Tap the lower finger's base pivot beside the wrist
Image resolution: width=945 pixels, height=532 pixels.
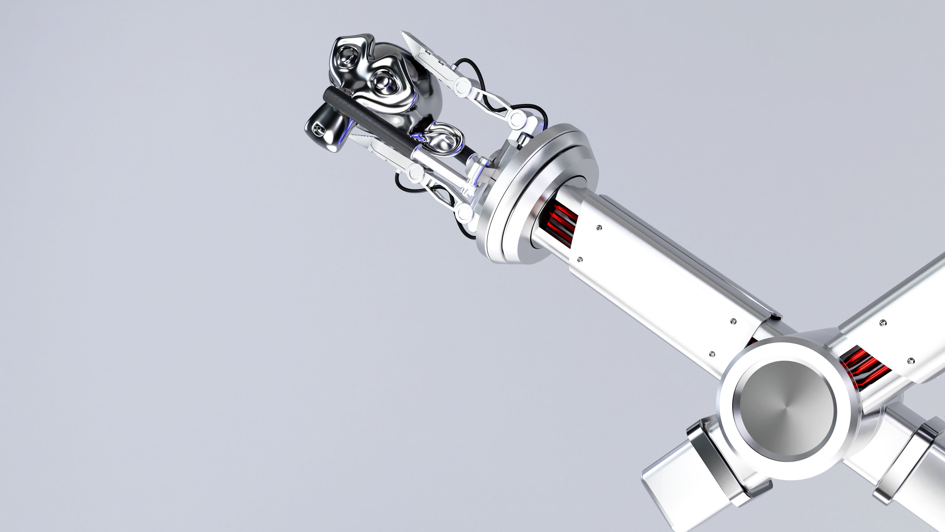pos(464,213)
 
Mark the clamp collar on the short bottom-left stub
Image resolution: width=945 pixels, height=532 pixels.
pos(712,463)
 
